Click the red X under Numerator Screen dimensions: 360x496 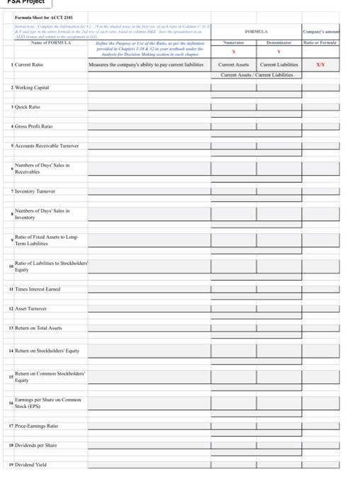coord(234,52)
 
